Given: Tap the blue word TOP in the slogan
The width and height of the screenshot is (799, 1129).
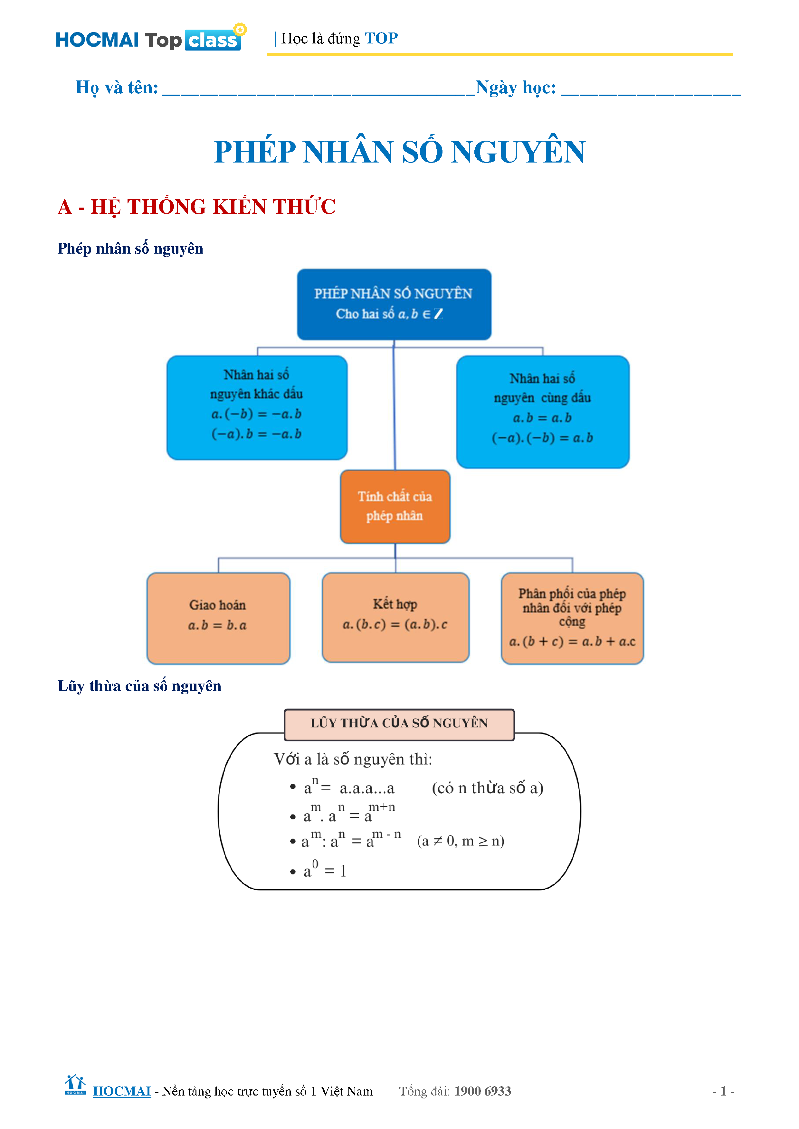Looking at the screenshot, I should click(381, 38).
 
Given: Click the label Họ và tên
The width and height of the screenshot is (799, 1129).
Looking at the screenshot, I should click(117, 88).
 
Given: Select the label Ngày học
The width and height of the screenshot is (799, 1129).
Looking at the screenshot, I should click(516, 88).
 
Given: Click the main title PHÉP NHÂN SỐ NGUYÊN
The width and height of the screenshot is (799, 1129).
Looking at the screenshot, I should click(399, 152).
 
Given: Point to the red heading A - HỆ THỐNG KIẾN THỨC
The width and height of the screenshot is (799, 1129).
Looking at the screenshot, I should click(196, 207).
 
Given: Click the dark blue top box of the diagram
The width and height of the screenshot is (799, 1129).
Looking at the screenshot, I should click(394, 304).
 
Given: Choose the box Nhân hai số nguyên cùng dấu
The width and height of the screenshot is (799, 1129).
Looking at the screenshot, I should click(542, 412).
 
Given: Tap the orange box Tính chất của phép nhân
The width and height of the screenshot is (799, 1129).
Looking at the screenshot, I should click(395, 506).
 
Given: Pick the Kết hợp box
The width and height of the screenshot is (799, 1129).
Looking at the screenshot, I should click(395, 617).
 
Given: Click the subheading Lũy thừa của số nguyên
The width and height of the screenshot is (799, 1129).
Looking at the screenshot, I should click(139, 686).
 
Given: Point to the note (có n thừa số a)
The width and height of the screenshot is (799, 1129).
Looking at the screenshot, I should click(487, 788).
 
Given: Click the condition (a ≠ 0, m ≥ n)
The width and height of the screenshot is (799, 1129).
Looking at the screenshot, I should click(461, 841).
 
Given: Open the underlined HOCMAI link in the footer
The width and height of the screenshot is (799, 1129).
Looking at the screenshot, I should click(121, 1091).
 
